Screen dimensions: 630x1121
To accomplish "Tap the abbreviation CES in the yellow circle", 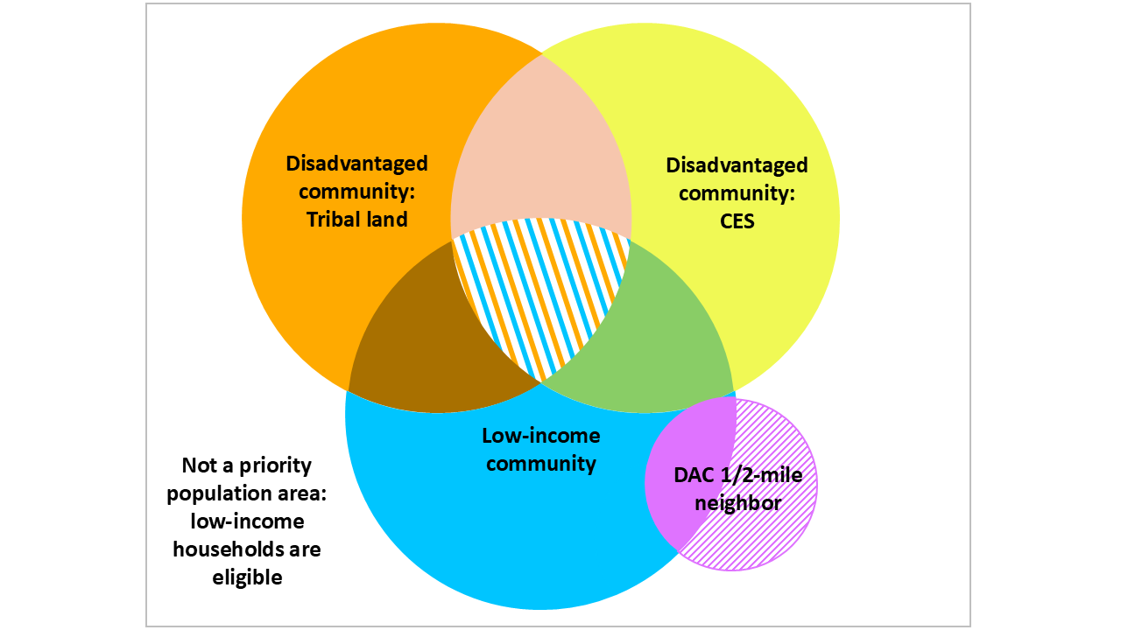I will coord(736,221).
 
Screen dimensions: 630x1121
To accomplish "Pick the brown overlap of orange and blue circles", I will coord(420,350).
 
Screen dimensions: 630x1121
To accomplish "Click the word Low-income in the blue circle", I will coord(541,436).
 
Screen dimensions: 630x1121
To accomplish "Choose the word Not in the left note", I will coord(199,465).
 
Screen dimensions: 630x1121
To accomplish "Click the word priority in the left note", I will coord(276,465).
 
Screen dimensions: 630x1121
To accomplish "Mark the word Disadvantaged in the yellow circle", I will coord(737,165).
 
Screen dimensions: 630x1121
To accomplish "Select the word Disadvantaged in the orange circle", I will coord(357,164).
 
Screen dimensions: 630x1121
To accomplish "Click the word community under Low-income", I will coord(541,464).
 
